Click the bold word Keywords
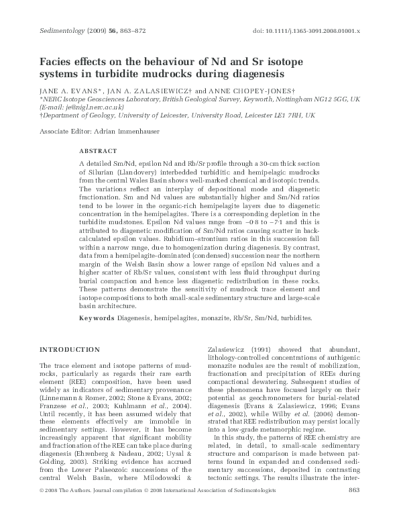97,318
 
